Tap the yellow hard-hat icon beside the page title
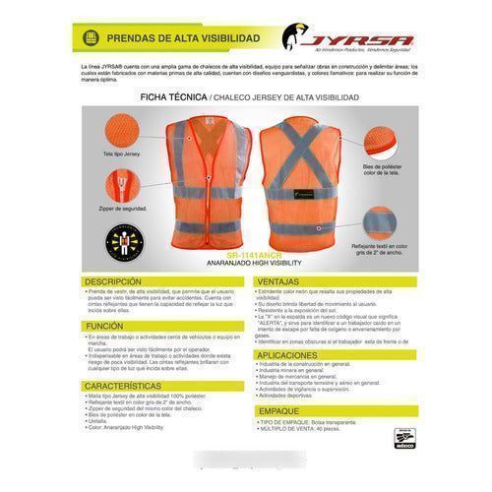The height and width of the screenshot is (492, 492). pyautogui.click(x=92, y=37)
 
